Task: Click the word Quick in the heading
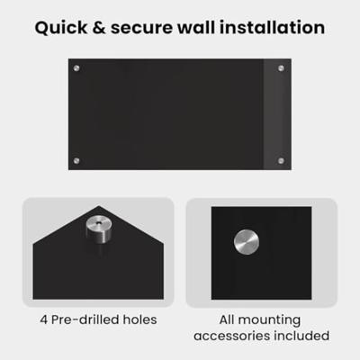[61, 28]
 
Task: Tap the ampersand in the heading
[99, 28]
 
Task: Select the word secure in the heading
[141, 28]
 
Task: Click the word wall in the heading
[196, 27]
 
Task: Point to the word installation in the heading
[273, 27]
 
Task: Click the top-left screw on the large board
[76, 68]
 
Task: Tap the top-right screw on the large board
[281, 68]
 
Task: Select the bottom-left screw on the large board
[76, 161]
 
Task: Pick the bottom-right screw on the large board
[281, 161]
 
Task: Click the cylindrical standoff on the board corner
[99, 229]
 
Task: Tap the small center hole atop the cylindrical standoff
[99, 223]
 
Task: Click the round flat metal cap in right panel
[247, 242]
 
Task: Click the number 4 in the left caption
[44, 319]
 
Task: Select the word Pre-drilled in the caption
[85, 319]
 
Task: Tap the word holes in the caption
[139, 319]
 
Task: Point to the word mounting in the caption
[269, 320]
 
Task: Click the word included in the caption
[301, 336]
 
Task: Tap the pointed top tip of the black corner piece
[99, 206]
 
